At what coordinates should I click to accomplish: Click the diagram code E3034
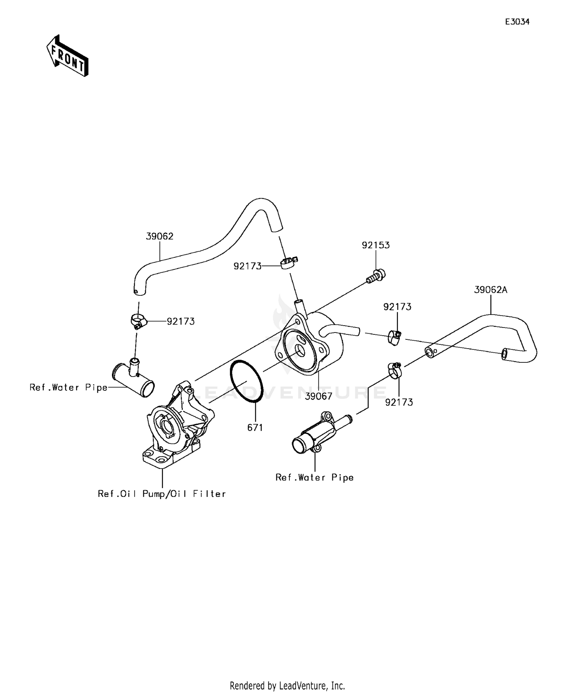(x=517, y=22)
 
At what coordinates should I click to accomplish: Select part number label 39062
(x=159, y=236)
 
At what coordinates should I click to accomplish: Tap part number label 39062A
(x=490, y=290)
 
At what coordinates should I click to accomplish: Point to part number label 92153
(x=376, y=245)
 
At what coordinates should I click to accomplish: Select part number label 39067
(x=319, y=396)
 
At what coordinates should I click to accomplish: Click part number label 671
(x=255, y=428)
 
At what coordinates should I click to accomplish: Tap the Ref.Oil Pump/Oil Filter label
(x=162, y=494)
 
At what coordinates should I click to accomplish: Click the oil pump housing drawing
(x=176, y=425)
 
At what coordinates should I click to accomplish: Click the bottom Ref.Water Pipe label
(x=314, y=477)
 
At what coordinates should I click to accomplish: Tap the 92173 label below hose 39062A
(x=399, y=402)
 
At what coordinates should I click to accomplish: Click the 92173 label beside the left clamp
(x=181, y=321)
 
